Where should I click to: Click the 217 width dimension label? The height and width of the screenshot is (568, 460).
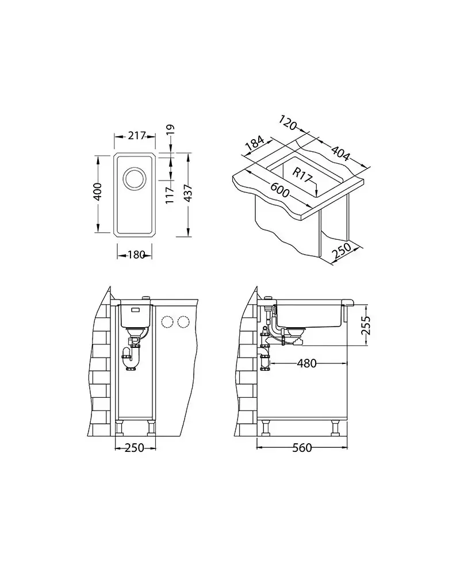[x=136, y=136]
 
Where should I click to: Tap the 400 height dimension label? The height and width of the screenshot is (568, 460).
[x=97, y=191]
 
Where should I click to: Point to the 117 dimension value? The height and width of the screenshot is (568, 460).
[x=170, y=195]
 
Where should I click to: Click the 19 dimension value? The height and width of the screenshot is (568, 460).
[x=170, y=129]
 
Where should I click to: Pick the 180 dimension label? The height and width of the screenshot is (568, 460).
[x=136, y=255]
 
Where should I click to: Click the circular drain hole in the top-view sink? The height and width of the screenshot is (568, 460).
[x=135, y=178]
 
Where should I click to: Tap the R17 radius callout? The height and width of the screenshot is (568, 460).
[x=302, y=175]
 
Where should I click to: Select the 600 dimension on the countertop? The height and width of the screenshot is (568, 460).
[x=280, y=189]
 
